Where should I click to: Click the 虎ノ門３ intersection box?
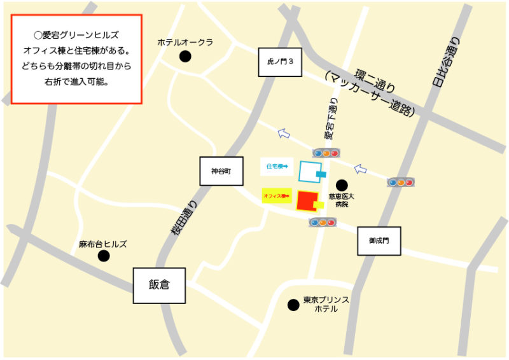click(280, 62)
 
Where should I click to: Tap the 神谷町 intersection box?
click(221, 170)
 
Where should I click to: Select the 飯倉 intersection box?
click(159, 285)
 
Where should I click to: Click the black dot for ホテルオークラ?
click(185, 57)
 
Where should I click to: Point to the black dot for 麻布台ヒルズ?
click(103, 256)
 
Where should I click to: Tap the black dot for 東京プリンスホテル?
click(293, 305)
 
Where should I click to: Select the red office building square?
click(307, 200)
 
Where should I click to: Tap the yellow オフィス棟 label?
click(277, 196)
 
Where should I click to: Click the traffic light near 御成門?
click(322, 223)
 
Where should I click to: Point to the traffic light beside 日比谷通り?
click(401, 183)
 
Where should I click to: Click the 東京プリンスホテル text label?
click(326, 304)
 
